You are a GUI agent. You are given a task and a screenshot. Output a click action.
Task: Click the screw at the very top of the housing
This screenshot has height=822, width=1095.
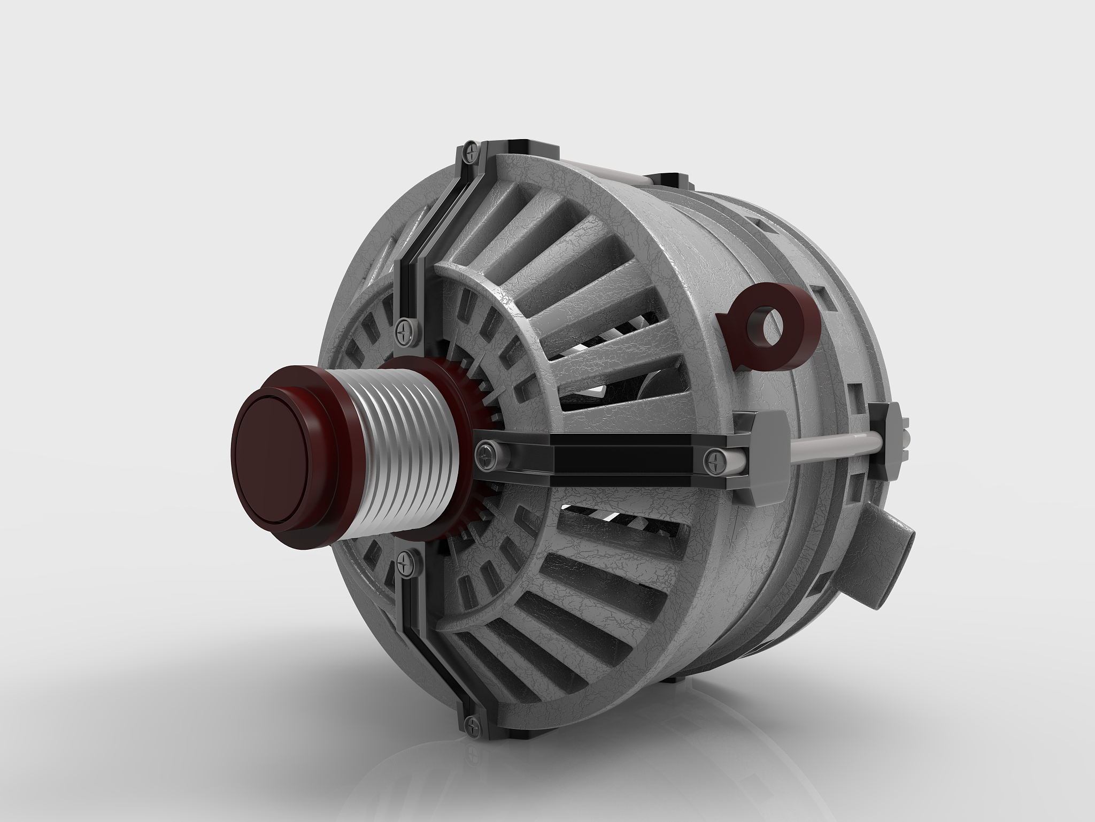(x=470, y=152)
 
